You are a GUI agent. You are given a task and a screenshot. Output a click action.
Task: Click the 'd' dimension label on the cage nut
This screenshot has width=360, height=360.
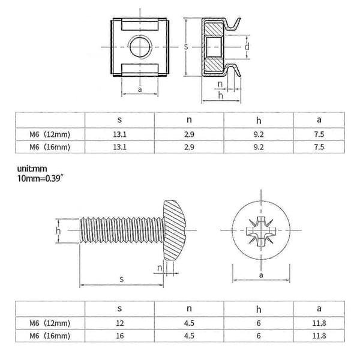[247, 47]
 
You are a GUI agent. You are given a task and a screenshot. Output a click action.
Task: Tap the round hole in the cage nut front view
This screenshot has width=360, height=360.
[140, 47]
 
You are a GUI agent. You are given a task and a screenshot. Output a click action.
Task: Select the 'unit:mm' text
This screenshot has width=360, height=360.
[32, 169]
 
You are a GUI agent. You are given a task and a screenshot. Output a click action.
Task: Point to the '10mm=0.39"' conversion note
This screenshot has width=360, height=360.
[40, 178]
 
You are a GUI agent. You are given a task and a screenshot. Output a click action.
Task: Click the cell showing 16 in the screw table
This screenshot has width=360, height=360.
[119, 335]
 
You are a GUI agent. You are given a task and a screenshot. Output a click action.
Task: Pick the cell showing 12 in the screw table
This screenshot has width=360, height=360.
[119, 323]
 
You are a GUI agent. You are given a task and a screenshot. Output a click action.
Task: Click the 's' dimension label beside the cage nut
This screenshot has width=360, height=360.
[186, 47]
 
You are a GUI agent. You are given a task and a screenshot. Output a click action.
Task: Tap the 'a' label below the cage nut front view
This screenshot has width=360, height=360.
[140, 89]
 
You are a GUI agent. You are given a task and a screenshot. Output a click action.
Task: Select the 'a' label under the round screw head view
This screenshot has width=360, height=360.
[261, 275]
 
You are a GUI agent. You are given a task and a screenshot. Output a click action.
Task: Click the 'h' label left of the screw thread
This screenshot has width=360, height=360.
[58, 230]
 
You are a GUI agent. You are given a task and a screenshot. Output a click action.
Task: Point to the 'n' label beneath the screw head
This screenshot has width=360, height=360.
[160, 268]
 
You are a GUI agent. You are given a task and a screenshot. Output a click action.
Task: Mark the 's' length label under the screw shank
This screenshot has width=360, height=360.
[122, 279]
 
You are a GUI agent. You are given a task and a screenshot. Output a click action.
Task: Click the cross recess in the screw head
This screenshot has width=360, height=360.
[261, 230]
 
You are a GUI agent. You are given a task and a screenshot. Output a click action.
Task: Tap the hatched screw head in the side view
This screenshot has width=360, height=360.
[175, 230]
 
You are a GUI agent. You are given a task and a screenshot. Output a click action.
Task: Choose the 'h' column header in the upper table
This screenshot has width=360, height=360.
[259, 120]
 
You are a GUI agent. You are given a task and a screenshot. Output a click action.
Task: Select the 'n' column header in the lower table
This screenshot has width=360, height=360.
[189, 308]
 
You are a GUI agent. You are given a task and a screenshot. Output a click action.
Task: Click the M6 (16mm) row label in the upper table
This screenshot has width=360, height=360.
[50, 147]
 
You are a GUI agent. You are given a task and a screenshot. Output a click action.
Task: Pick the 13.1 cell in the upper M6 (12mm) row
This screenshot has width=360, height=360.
[119, 134]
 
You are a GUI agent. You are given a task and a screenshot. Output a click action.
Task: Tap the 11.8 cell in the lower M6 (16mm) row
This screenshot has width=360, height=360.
[319, 335]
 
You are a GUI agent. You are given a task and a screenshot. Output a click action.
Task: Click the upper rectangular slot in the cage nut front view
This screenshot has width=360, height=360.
[140, 25]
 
